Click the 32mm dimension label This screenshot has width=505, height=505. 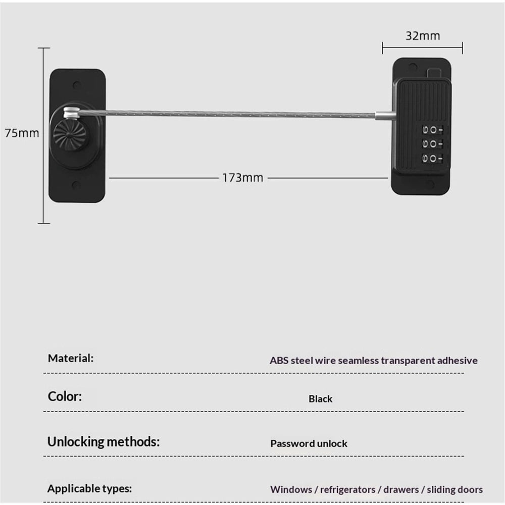[423, 36]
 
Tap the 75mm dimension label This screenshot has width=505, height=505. [22, 133]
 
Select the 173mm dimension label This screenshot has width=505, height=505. [243, 178]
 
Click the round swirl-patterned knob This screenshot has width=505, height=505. [70, 135]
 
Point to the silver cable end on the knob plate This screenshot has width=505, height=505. [72, 113]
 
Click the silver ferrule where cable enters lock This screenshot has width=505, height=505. [385, 116]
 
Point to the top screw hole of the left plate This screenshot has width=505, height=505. [77, 85]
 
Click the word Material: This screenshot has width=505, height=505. [71, 358]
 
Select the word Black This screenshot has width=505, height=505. [320, 399]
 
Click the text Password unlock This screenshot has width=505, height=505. [309, 443]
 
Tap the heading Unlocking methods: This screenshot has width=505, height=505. [104, 442]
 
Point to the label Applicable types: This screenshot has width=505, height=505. [89, 488]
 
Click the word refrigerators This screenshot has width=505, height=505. [347, 489]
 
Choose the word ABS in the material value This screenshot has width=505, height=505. [279, 361]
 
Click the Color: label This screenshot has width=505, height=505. [65, 396]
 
